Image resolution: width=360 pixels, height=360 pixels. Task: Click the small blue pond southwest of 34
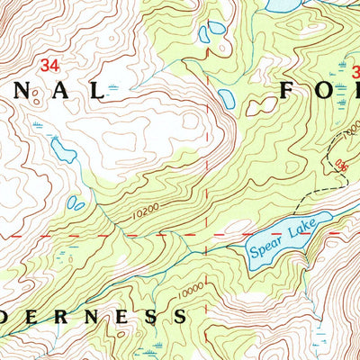coord(63,149)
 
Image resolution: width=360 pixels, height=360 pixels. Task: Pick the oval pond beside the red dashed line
coord(225,97)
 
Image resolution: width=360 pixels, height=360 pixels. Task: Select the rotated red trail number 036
coord(339,164)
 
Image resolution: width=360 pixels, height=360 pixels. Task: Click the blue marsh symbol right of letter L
coord(112,87)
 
